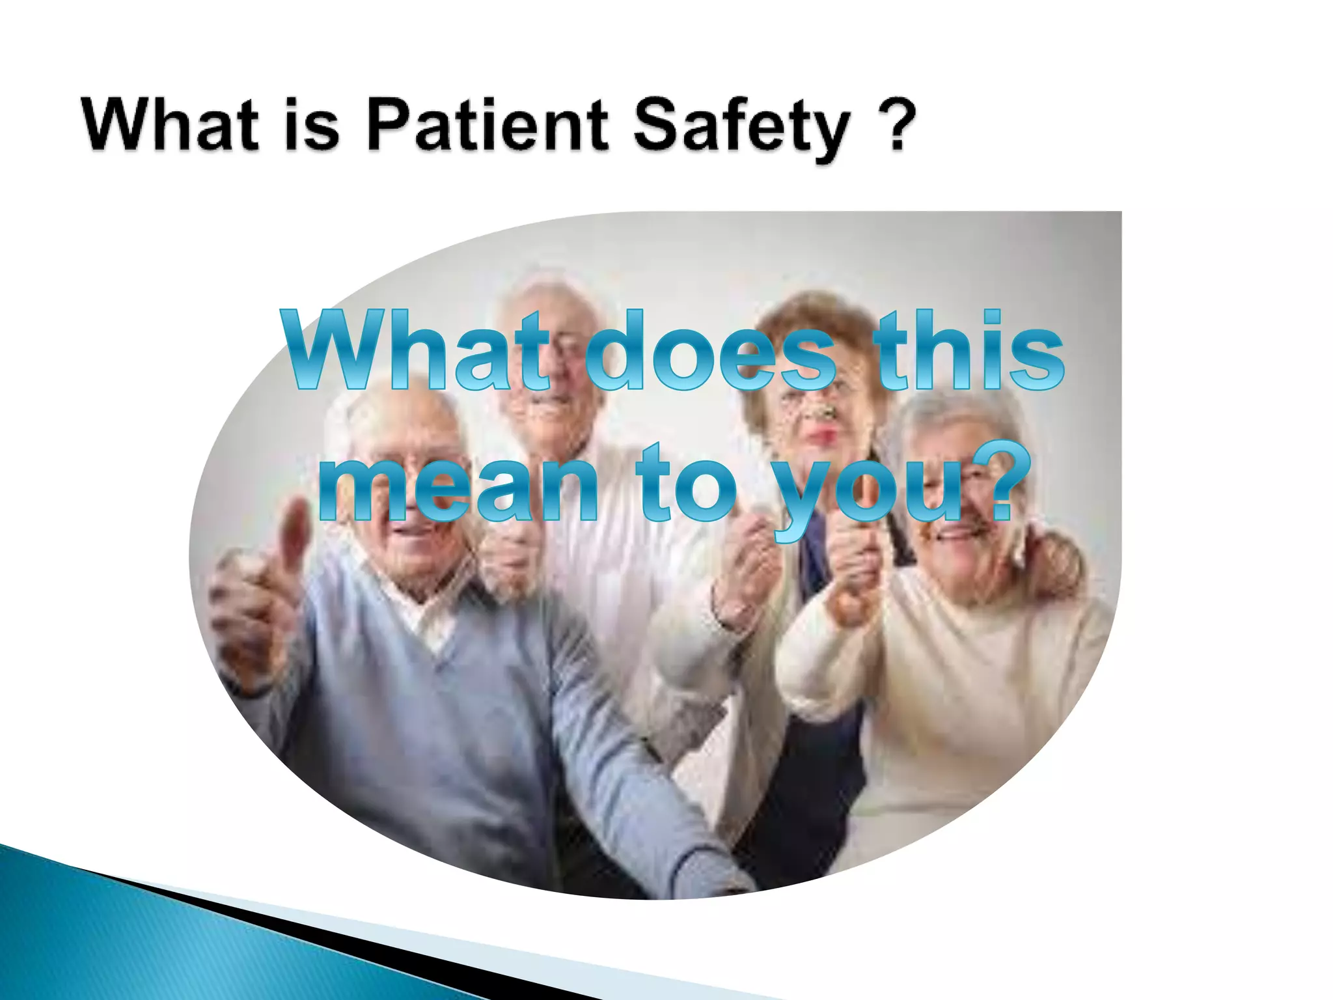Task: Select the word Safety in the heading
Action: coord(742,127)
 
